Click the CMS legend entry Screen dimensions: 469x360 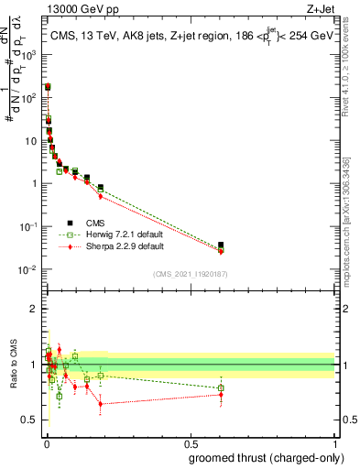pos(95,222)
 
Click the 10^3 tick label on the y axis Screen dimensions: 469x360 pos(29,54)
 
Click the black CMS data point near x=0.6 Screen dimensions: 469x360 pos(220,245)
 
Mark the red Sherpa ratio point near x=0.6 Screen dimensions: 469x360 pos(220,395)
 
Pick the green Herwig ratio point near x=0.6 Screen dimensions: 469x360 pos(220,388)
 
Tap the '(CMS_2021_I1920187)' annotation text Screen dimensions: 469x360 pos(190,274)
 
